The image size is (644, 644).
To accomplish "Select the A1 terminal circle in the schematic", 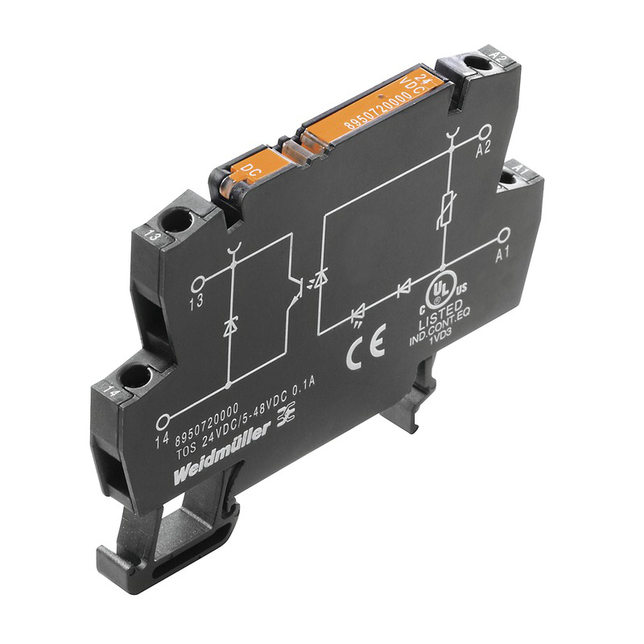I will coord(504,235).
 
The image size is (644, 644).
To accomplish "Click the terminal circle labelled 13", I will coord(196,284).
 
